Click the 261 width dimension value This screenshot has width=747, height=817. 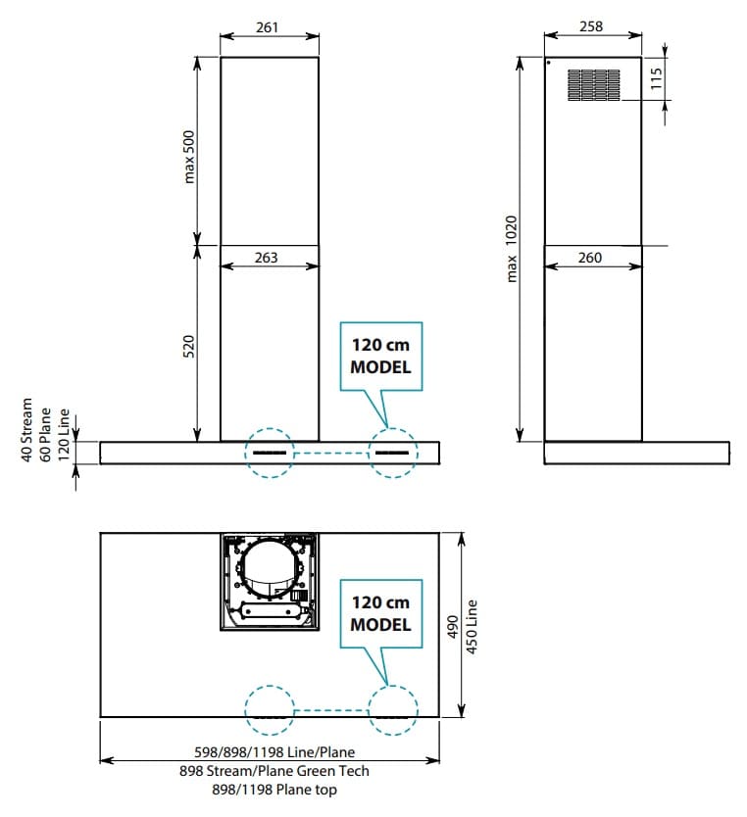click(x=267, y=27)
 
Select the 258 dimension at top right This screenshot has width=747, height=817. click(x=590, y=26)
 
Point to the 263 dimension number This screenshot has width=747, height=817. click(x=266, y=258)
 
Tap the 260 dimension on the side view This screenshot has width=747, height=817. click(x=589, y=258)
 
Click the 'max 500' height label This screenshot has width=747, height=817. click(x=188, y=157)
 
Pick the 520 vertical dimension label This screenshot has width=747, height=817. click(x=188, y=347)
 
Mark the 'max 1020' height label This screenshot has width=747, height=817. click(x=512, y=249)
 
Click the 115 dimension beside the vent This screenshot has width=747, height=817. click(x=656, y=78)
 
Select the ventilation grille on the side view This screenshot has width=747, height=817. click(x=594, y=85)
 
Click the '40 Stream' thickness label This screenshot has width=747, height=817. click(x=26, y=430)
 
